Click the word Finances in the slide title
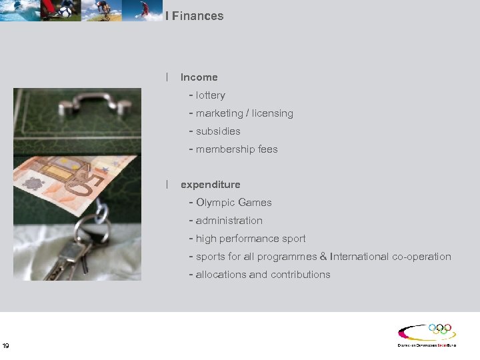[197, 16]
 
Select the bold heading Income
[199, 77]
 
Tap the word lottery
[211, 95]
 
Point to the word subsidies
[218, 131]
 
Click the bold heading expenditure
[210, 185]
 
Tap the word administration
[229, 221]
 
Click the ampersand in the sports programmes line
[323, 257]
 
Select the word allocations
[221, 275]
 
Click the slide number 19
[6, 345]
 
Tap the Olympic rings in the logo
[440, 329]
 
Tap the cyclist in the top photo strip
[101, 9]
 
